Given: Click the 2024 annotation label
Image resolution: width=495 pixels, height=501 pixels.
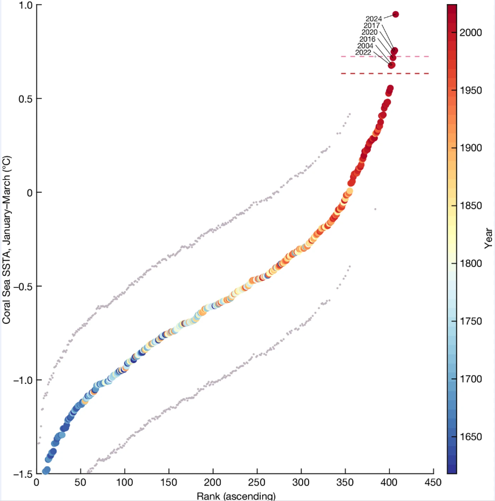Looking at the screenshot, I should [x=373, y=19].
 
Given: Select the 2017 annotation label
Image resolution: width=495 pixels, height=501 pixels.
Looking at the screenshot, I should [x=372, y=26].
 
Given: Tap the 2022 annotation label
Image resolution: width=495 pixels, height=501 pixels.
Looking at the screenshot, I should [x=363, y=53].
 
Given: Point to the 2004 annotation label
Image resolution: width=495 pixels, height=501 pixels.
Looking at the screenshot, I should [x=365, y=46].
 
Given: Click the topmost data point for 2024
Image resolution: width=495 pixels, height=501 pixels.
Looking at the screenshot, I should [x=395, y=14].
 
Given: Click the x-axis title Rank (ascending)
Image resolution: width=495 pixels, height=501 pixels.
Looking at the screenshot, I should [x=236, y=496].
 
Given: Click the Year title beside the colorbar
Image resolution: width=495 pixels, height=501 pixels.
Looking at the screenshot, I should [x=488, y=238].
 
